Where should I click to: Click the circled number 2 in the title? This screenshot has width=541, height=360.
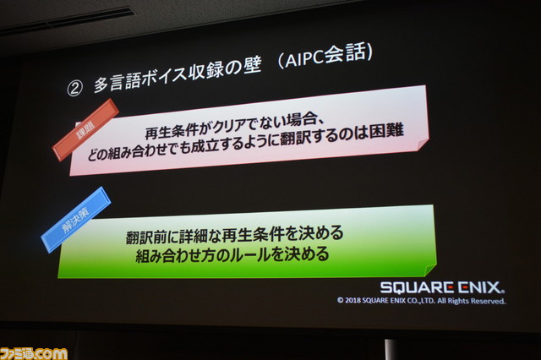(x=75, y=88)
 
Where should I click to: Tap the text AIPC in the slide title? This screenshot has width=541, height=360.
(x=304, y=60)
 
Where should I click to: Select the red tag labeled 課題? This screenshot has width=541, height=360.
(x=86, y=130)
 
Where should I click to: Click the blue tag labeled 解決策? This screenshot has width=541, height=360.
(x=76, y=220)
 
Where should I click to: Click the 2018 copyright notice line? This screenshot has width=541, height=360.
(x=421, y=301)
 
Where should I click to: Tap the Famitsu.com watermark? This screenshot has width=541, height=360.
(x=34, y=354)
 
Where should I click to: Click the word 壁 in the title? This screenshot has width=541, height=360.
(x=253, y=66)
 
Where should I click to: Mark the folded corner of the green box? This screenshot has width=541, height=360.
(x=430, y=270)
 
